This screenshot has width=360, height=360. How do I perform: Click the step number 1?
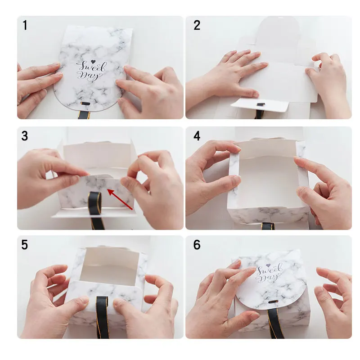tap(25, 25)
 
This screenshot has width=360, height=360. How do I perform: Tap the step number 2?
tap(197, 25)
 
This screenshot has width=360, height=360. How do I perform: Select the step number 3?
tap(25, 136)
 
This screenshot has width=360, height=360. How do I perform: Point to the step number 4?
tap(197, 136)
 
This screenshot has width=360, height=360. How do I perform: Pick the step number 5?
tap(25, 245)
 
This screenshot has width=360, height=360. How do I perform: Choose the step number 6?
tap(197, 245)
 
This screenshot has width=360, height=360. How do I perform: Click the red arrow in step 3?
tap(120, 199)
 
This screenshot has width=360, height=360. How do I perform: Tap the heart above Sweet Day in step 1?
tap(93, 62)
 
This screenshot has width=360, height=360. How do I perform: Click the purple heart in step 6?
tap(268, 265)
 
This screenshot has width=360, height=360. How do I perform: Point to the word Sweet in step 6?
tap(270, 270)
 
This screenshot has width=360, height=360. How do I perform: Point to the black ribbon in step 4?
tap(268, 226)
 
